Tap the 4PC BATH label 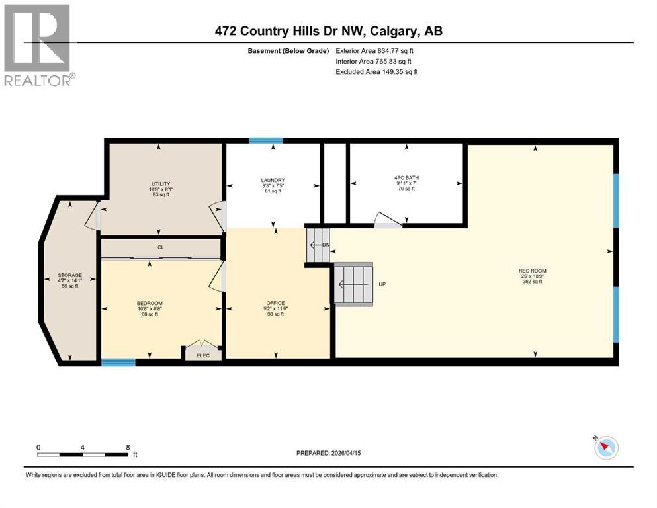tap(406, 177)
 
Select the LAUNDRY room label tap(273, 180)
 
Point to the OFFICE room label tap(275, 303)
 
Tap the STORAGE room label tap(69, 275)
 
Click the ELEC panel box tap(202, 354)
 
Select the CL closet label tap(160, 247)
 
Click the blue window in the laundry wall tap(266, 140)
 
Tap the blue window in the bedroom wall tap(118, 362)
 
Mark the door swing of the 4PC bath tap(388, 221)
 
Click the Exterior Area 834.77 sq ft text tap(378, 50)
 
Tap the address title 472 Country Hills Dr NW tap(328, 30)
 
